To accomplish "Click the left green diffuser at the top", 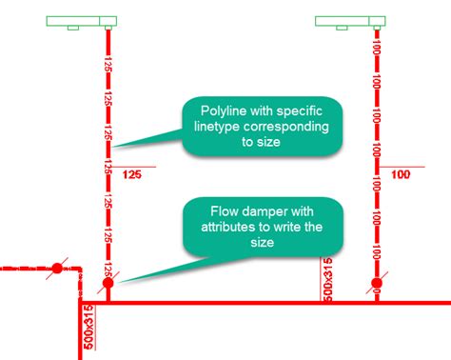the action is click(81, 21).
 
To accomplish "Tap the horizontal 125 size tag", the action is click(131, 174).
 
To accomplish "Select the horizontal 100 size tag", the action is click(401, 174).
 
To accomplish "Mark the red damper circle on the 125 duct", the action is click(108, 283).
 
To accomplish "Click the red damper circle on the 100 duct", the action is click(377, 283).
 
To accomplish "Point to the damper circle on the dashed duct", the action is click(56, 269).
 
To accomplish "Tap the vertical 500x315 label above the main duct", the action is click(325, 278).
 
